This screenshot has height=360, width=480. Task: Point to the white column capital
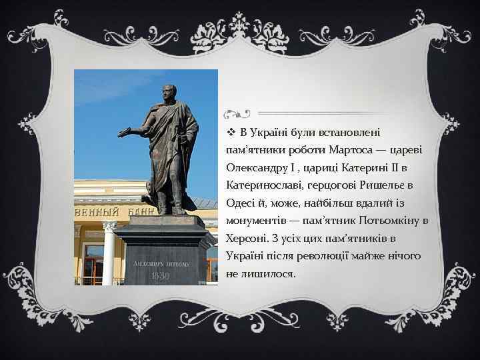pyautogui.click(x=109, y=227)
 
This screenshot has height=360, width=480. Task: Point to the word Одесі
pyautogui.click(x=241, y=203)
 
